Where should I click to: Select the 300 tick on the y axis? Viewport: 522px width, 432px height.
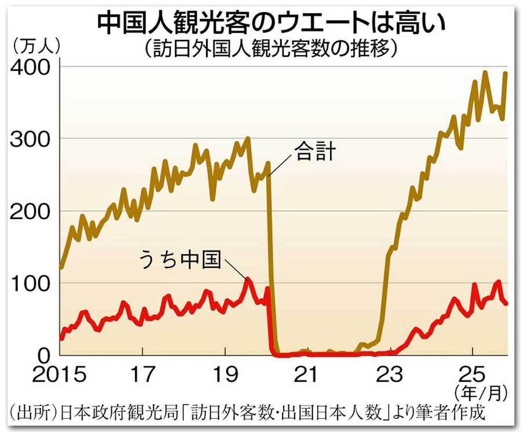tap(27, 139)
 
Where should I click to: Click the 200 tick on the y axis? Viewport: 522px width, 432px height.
tap(27, 211)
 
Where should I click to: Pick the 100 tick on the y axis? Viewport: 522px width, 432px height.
tap(27, 283)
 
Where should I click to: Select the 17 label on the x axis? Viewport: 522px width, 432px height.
tap(143, 374)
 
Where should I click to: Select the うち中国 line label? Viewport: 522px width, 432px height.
tap(181, 259)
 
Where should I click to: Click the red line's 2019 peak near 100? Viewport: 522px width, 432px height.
tap(248, 279)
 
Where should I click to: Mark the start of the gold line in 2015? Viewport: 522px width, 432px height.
tap(61, 268)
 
